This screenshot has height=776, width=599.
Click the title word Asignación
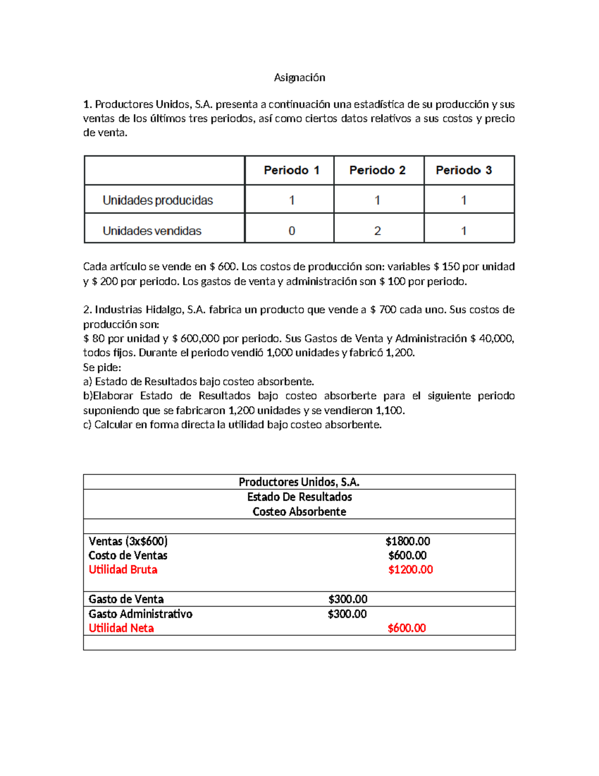tap(299, 77)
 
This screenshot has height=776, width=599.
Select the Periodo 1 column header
tap(292, 170)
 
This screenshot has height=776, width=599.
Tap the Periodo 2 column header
tap(377, 170)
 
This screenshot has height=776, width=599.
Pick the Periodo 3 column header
tap(464, 170)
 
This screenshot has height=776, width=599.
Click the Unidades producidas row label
tap(158, 200)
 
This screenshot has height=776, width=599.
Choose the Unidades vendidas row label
tap(152, 231)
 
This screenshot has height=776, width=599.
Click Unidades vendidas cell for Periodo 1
tap(292, 231)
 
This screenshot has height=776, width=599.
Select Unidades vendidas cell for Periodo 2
tap(377, 231)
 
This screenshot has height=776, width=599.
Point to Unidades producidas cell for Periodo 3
tap(464, 200)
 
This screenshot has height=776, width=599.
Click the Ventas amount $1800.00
tap(408, 541)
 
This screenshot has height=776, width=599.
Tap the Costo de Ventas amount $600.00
tap(407, 555)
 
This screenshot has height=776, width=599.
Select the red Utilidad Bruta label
tap(123, 570)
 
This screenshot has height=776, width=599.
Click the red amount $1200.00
tap(410, 570)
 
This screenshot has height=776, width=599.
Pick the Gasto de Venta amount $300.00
tap(348, 599)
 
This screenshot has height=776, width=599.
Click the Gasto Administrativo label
tap(140, 614)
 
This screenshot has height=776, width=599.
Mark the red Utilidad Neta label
tap(121, 628)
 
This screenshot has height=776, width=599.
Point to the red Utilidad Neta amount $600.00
tap(407, 628)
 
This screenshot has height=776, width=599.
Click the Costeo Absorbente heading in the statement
tap(299, 512)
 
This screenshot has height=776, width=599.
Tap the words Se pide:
tap(102, 367)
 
